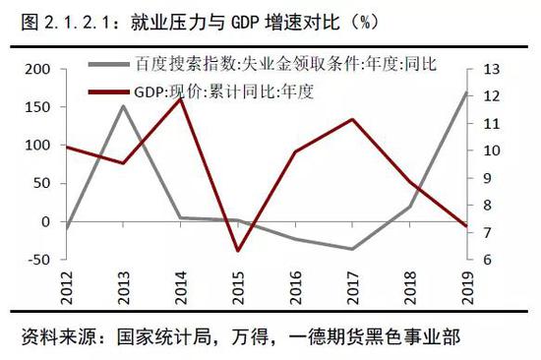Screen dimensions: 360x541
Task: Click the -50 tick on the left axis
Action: point(35,260)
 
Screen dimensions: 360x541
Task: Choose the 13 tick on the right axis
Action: point(493,69)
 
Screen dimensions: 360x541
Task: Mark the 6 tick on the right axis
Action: point(489,260)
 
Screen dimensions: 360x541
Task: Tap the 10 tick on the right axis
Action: point(493,150)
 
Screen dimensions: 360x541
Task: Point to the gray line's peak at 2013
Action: point(124,105)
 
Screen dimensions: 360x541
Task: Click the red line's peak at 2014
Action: point(181,96)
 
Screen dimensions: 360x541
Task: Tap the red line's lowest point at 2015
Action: point(238,251)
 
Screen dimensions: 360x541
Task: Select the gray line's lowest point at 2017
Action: point(352,249)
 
